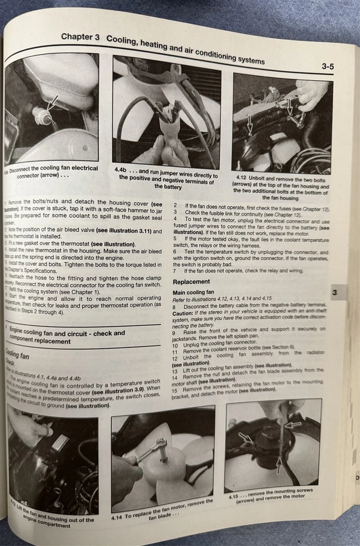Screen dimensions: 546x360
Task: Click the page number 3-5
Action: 328,67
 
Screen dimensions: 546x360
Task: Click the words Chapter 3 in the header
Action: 80,38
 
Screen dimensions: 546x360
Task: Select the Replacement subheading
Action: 191,282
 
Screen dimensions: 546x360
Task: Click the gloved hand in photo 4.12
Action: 312,94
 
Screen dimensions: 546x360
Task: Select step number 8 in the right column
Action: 175,305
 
